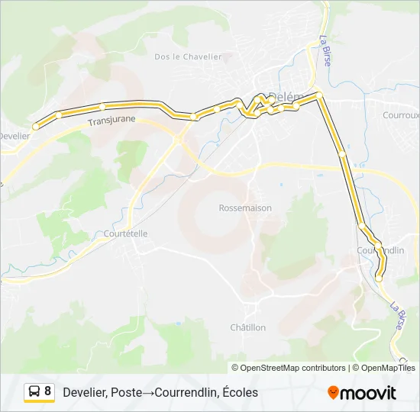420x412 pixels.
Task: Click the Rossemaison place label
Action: coord(245,208)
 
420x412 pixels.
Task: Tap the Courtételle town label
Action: coord(125,233)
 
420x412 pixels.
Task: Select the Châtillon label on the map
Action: coord(248,327)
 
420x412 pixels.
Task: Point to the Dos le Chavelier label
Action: coord(188,56)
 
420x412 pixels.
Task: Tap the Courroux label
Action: coord(402,115)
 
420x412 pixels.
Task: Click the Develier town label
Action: coord(14,136)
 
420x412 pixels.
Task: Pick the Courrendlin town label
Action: coord(380,250)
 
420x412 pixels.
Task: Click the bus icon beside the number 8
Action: coord(34,391)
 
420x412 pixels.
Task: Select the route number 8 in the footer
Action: coord(48,391)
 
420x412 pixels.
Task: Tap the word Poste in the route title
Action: coord(126,392)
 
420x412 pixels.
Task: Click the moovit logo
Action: coord(362,393)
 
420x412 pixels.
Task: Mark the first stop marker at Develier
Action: coord(35,127)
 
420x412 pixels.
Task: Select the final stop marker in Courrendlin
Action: coord(378,279)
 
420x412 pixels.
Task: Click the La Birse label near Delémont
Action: coord(325,50)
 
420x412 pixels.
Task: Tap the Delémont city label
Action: coord(287,97)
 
